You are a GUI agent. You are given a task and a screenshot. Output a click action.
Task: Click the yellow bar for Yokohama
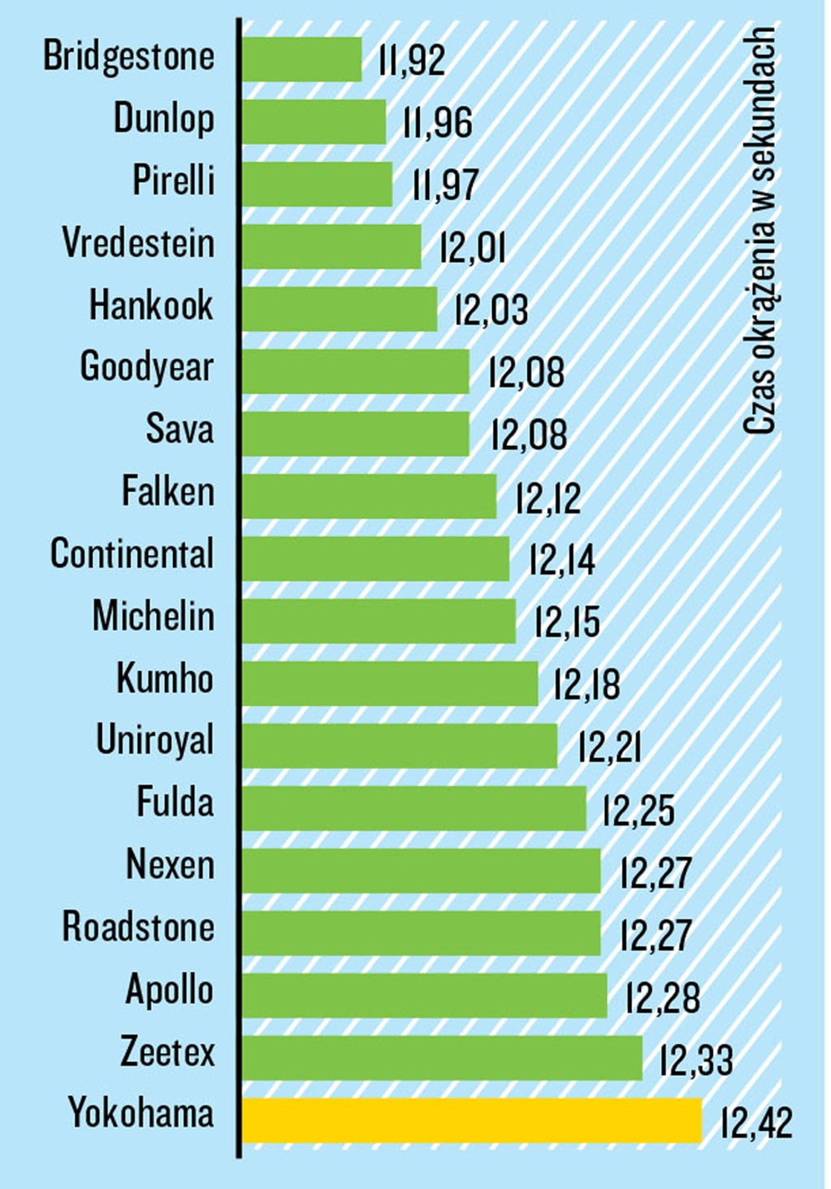(x=471, y=1120)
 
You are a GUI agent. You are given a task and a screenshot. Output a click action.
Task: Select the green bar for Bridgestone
(x=302, y=59)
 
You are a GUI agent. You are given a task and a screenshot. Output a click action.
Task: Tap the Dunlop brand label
(x=164, y=119)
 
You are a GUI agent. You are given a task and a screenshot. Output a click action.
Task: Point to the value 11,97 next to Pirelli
(x=445, y=184)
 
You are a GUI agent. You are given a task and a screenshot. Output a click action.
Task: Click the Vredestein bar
(x=332, y=246)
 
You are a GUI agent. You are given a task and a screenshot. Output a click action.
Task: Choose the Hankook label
(x=151, y=305)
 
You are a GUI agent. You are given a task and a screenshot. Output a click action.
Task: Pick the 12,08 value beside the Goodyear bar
(x=526, y=372)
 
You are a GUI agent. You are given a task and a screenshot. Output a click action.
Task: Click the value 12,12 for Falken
(x=548, y=497)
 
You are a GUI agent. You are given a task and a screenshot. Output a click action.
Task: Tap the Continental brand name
(x=132, y=554)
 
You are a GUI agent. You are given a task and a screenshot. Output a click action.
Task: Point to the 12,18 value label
(x=586, y=684)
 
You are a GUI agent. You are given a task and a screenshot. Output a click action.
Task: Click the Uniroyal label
(x=155, y=741)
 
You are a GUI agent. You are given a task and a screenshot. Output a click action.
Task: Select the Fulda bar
(x=414, y=808)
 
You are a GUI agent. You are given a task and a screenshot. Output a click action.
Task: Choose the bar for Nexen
(x=421, y=870)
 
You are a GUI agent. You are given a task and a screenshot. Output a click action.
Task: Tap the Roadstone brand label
(x=138, y=927)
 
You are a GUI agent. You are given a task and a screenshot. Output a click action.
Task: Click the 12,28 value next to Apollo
(x=663, y=997)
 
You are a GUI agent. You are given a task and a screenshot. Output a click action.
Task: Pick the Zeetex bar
(x=442, y=1057)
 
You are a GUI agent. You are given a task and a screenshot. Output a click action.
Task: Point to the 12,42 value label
(x=757, y=1122)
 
